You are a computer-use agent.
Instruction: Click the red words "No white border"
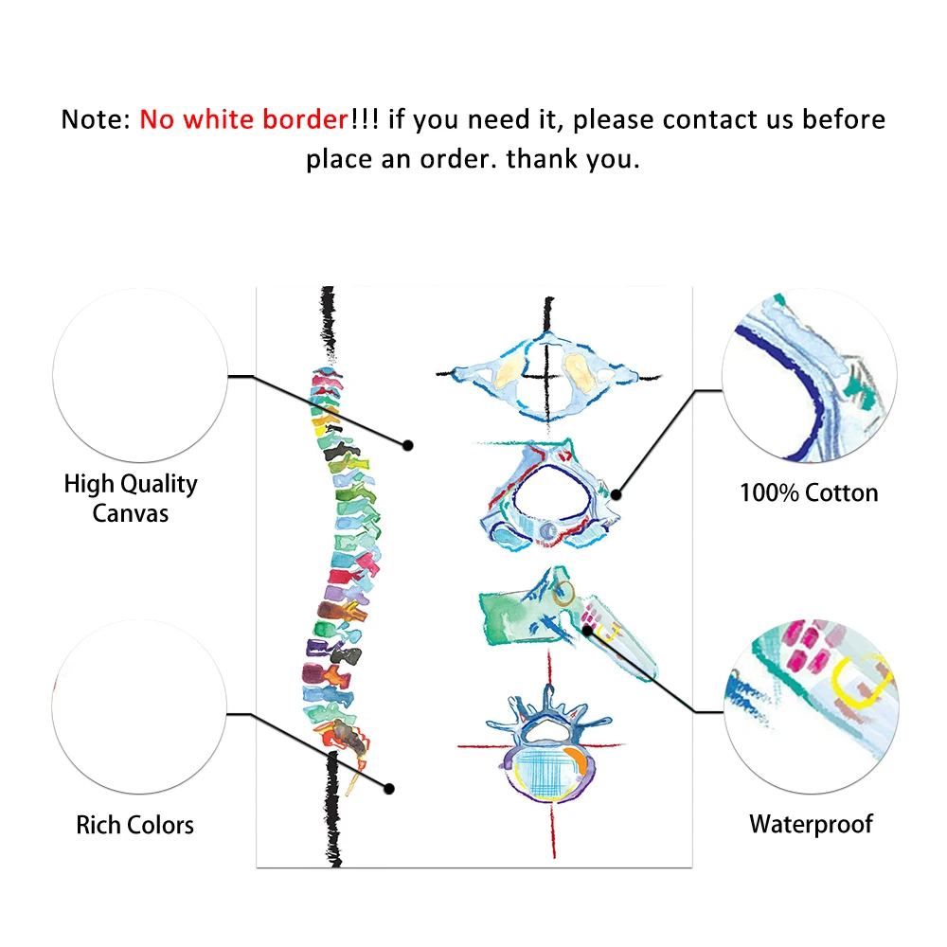(244, 120)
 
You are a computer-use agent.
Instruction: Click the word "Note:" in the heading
(97, 120)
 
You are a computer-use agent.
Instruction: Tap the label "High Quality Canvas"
(131, 498)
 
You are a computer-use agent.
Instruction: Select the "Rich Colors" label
(134, 825)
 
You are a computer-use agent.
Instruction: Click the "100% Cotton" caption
(808, 492)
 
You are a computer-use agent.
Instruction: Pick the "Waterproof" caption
(811, 824)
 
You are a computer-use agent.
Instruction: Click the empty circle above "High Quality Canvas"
(140, 376)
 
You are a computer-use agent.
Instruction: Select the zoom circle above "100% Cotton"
(810, 376)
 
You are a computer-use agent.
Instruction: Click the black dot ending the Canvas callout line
(408, 444)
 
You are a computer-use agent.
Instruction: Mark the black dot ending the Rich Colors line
(388, 787)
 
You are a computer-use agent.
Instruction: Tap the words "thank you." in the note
(573, 158)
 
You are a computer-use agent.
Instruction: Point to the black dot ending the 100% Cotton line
(616, 493)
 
